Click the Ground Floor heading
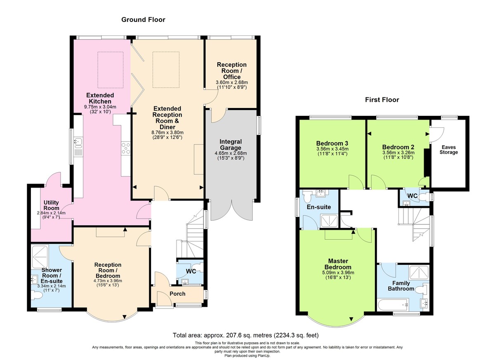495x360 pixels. tap(143, 19)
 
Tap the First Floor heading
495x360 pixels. tap(382, 99)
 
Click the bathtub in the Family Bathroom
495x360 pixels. tap(393, 305)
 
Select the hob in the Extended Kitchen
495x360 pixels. tap(125, 147)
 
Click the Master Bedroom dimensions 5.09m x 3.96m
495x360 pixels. tap(338, 273)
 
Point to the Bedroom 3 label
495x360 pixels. tap(332, 143)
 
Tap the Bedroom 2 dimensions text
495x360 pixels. tap(398, 155)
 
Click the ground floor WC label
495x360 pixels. tap(191, 271)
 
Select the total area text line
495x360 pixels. tap(245, 335)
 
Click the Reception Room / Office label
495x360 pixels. tap(232, 71)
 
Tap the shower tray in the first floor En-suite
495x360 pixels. tap(330, 221)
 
